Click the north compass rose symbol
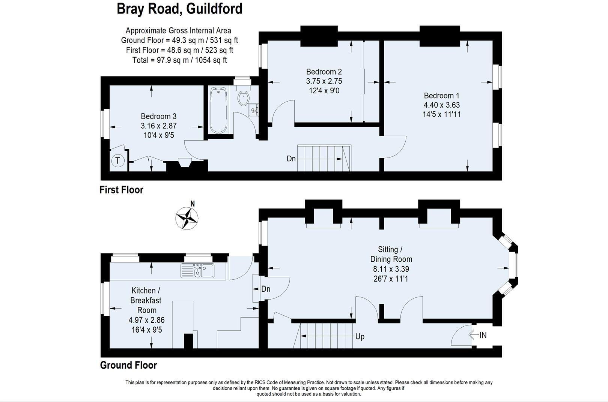[187, 217]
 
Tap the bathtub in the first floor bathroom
[218, 110]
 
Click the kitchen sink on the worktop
[197, 271]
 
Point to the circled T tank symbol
[117, 161]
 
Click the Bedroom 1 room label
[441, 96]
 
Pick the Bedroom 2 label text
[324, 72]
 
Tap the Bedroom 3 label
[158, 117]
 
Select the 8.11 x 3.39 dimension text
[391, 269]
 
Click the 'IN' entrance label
[483, 335]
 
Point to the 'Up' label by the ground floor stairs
[360, 337]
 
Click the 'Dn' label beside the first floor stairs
[291, 159]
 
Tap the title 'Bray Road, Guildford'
[179, 9]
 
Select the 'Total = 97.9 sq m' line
[179, 60]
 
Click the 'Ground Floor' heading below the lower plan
[128, 365]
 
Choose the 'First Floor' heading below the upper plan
[121, 190]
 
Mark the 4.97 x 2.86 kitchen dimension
[146, 320]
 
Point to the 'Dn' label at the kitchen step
[266, 289]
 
